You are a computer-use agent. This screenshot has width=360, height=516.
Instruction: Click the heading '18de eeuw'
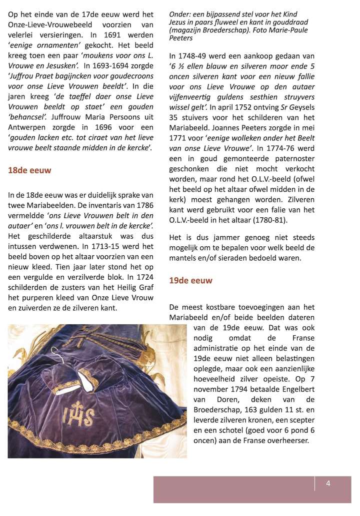click(29, 170)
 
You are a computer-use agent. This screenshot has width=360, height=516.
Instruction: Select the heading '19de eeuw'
click(190, 281)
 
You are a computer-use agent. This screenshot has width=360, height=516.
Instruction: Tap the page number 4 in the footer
click(328, 483)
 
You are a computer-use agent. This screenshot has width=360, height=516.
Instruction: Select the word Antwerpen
click(25, 127)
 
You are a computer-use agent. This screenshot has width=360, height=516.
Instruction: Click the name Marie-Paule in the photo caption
click(290, 30)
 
